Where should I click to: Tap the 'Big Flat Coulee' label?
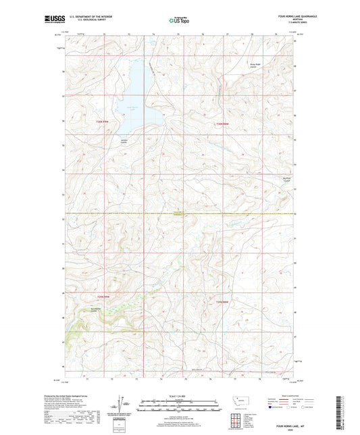tap(286, 179)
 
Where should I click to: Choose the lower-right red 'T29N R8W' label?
tap(224, 301)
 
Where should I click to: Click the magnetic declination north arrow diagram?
tap(122, 406)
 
